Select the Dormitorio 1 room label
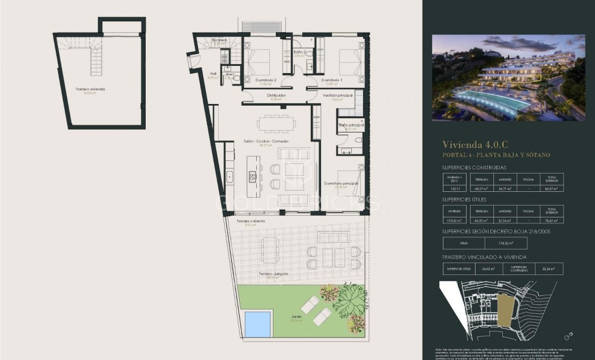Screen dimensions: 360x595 (332, 80)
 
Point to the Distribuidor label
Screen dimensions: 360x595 (276, 95)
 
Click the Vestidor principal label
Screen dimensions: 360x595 (338, 95)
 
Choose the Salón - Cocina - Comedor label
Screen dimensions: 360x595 (266, 141)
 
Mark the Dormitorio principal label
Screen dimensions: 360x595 (341, 184)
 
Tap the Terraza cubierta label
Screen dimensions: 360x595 (250, 220)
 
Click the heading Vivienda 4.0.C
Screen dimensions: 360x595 (475, 144)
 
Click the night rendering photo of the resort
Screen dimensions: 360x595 (508, 77)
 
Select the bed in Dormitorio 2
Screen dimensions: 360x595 (259, 61)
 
